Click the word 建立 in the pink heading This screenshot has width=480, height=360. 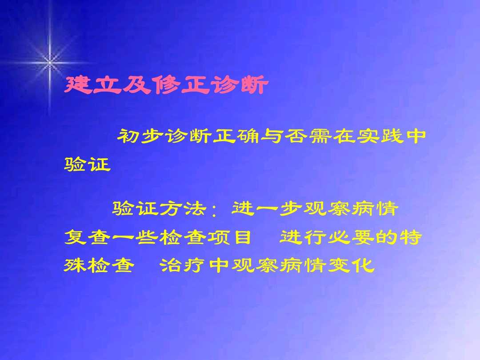tap(92, 85)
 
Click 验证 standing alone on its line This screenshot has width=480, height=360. tap(87, 165)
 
